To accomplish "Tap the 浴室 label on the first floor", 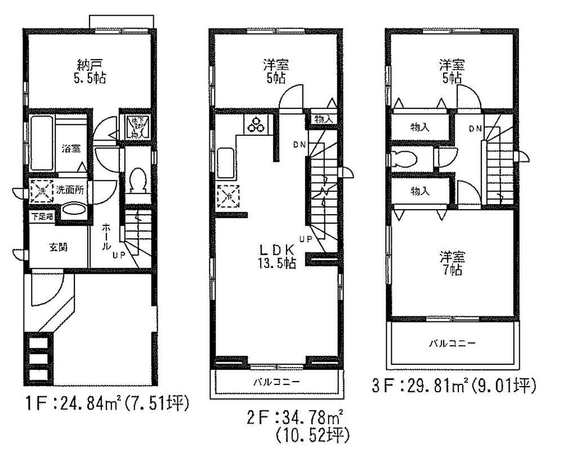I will click(71, 149).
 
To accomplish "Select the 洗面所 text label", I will click(70, 190).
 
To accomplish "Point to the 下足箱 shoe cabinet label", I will click(42, 216).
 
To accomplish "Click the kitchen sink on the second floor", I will click(225, 163).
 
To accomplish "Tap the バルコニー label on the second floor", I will click(275, 382).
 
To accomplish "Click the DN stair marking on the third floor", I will click(474, 129).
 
